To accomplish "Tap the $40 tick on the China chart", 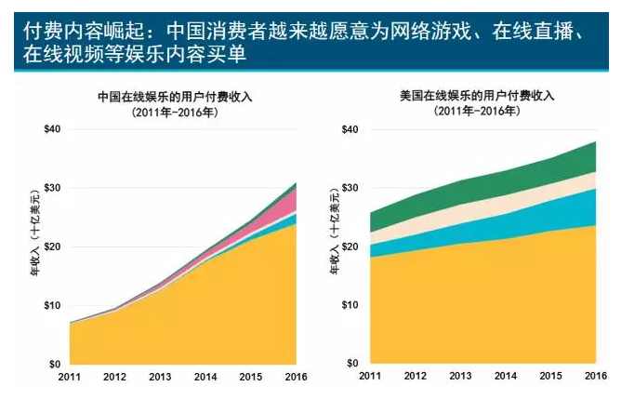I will pos(52,129).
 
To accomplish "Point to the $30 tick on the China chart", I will pos(52,188).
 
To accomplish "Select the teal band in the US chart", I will pos(558,203).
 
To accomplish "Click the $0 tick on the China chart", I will pos(55,364).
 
